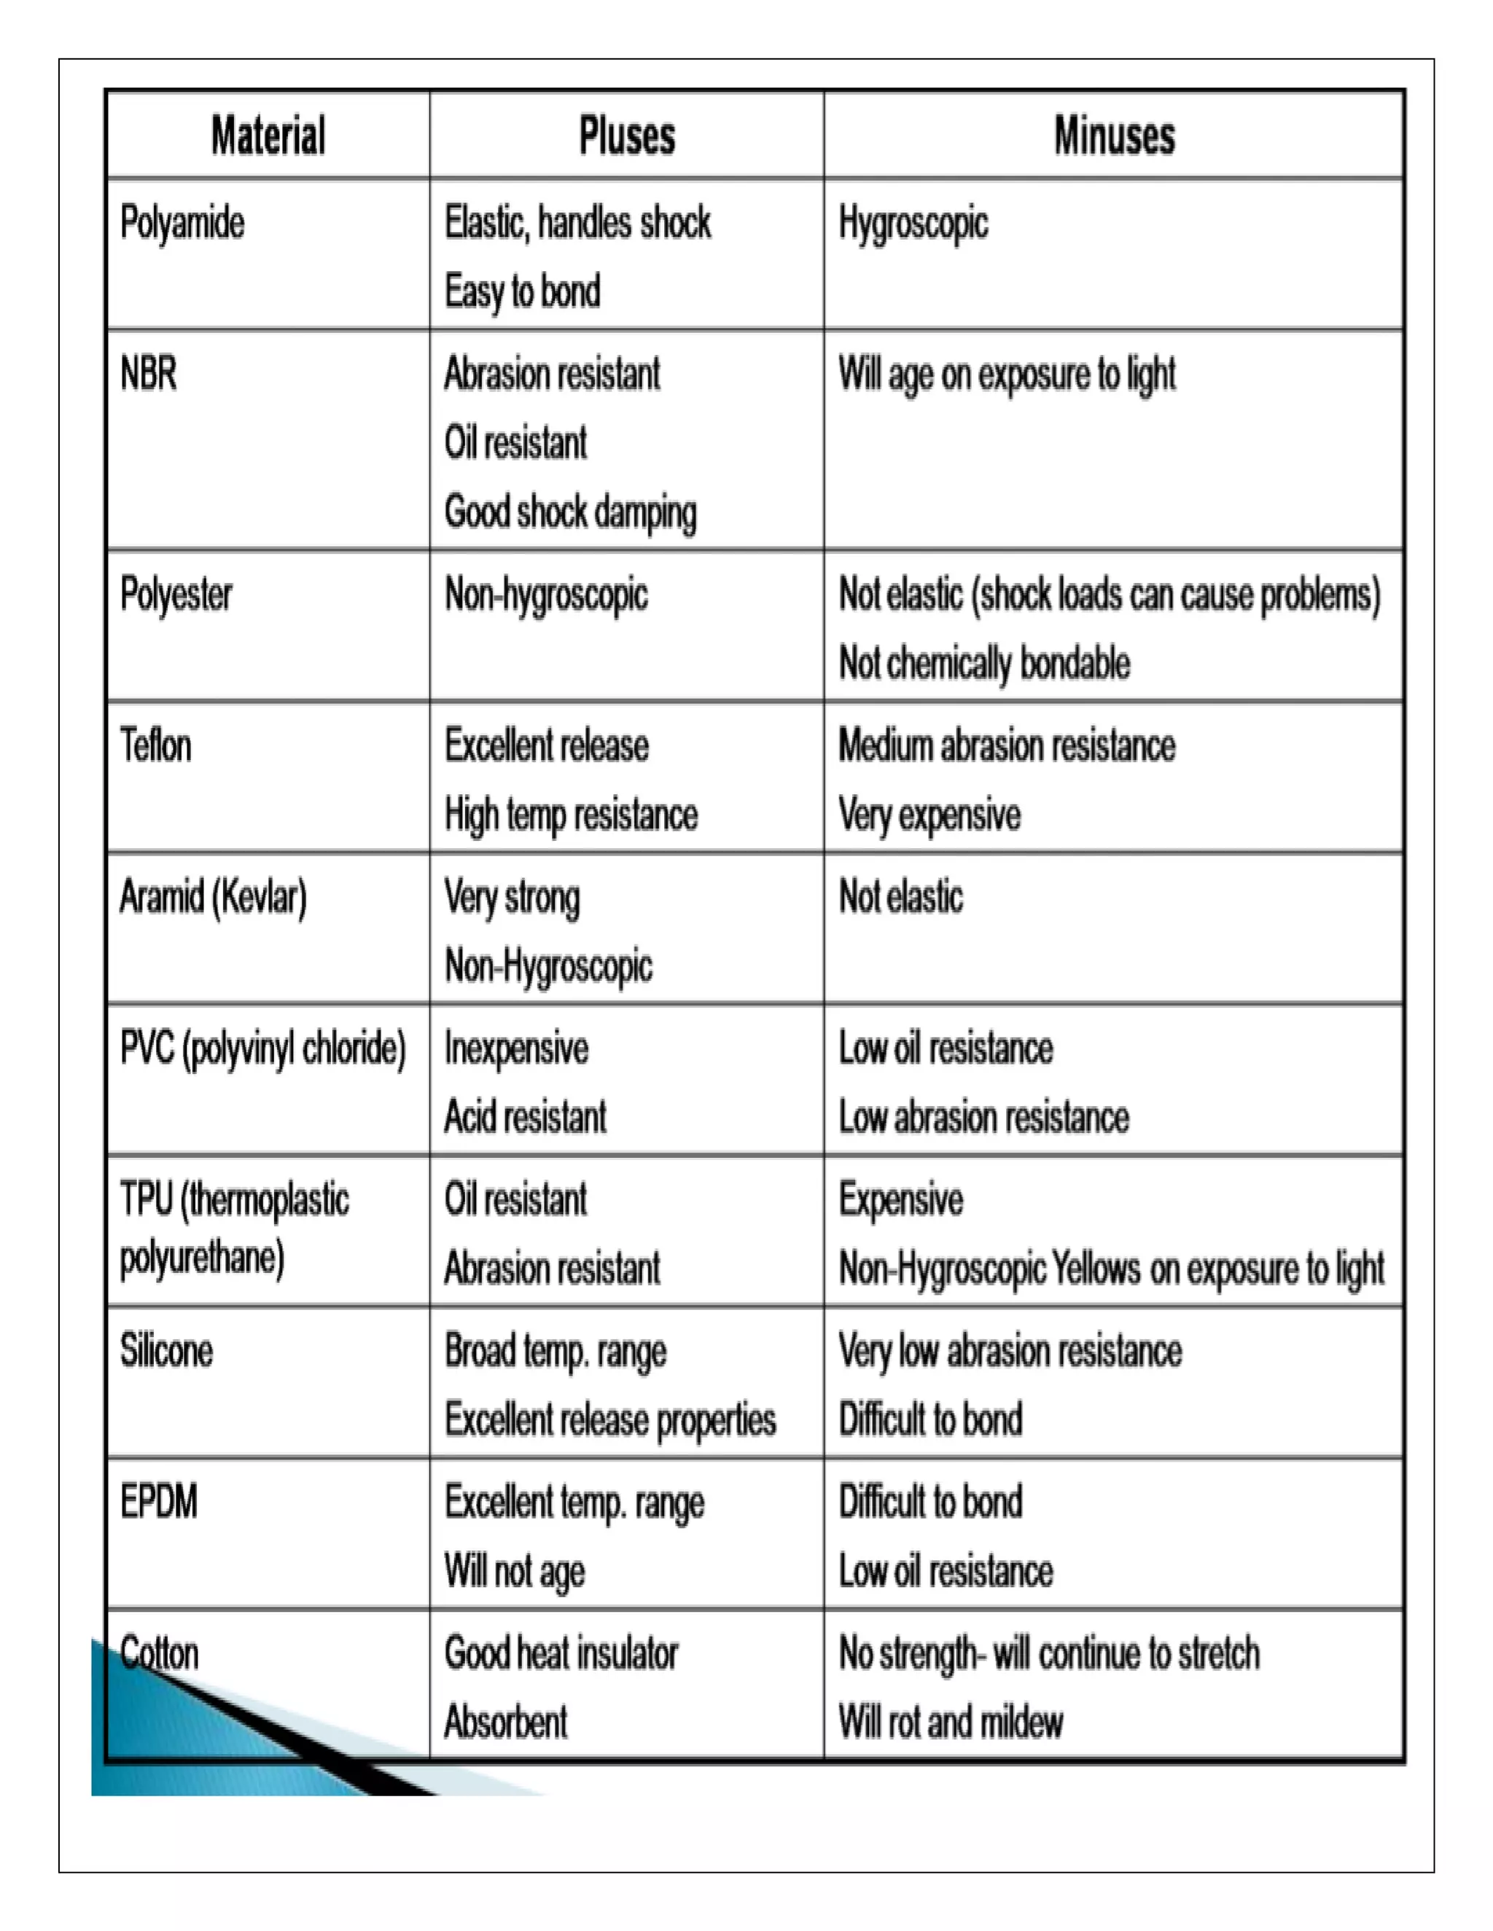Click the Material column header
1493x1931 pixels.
(x=268, y=136)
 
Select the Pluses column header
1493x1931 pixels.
(x=627, y=136)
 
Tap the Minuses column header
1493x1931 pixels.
(x=1115, y=136)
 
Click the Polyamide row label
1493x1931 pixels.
(x=182, y=223)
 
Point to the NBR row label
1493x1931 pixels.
(x=149, y=373)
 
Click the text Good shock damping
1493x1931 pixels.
(x=571, y=513)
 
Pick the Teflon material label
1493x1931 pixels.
(x=156, y=745)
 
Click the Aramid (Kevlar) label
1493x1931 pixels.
(x=213, y=898)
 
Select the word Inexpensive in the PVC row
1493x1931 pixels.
(x=517, y=1049)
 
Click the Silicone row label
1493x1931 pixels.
(x=166, y=1351)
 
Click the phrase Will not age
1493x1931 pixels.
(x=515, y=1572)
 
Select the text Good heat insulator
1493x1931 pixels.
(x=561, y=1653)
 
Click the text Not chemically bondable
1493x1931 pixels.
(x=984, y=664)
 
